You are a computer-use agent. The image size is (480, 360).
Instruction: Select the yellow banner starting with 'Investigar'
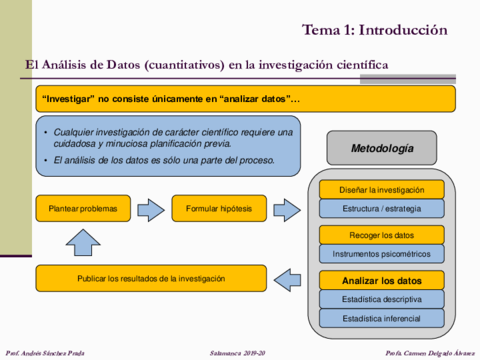[245, 98]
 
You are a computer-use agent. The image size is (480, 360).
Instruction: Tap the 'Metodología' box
[381, 148]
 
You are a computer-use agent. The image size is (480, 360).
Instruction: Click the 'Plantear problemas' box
[83, 209]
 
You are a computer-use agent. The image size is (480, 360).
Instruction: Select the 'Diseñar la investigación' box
[381, 190]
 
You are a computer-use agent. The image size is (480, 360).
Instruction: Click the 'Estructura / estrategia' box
[381, 209]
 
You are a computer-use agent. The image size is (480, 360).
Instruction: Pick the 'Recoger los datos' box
[381, 235]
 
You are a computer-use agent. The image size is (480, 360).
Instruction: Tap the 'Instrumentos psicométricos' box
[381, 254]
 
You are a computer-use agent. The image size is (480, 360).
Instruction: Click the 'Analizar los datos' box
[381, 280]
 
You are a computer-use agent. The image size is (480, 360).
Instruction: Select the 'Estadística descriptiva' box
[381, 299]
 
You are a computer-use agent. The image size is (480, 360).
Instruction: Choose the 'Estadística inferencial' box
[381, 318]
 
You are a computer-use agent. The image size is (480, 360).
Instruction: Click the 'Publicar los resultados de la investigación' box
[151, 277]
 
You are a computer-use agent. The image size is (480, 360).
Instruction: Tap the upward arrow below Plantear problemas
[83, 243]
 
